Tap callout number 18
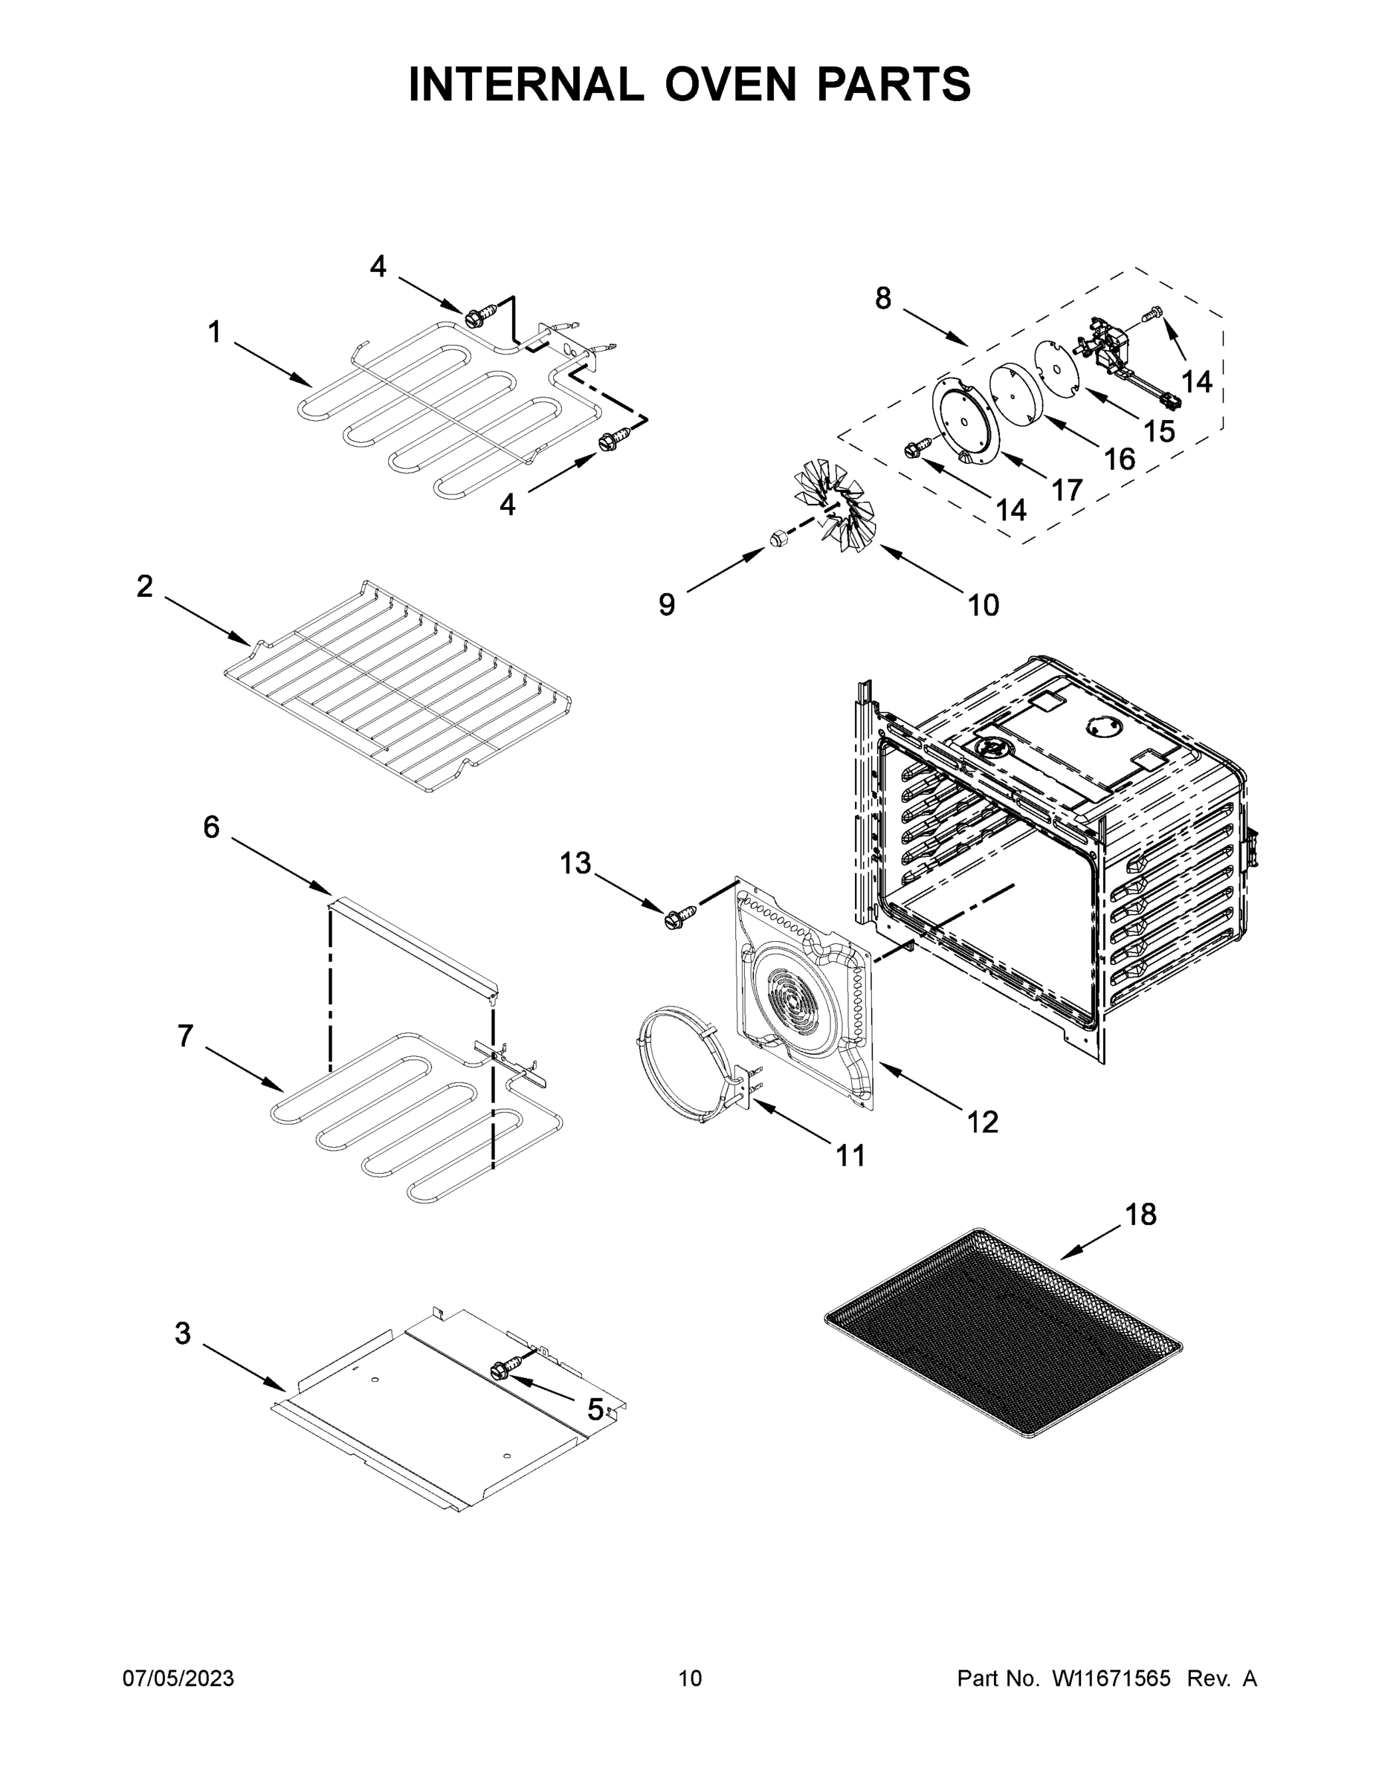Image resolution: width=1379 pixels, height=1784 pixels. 1140,1215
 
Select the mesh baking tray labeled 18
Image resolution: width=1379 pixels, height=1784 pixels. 1003,1339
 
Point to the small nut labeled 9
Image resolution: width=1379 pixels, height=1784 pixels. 778,538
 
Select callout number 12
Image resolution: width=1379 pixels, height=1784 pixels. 982,1122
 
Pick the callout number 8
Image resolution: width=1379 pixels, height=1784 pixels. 883,299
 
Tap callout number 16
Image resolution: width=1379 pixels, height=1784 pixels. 1120,459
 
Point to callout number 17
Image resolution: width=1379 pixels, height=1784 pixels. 1066,490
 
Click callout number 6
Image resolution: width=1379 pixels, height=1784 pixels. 211,827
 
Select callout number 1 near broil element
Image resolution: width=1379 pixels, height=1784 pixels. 214,332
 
